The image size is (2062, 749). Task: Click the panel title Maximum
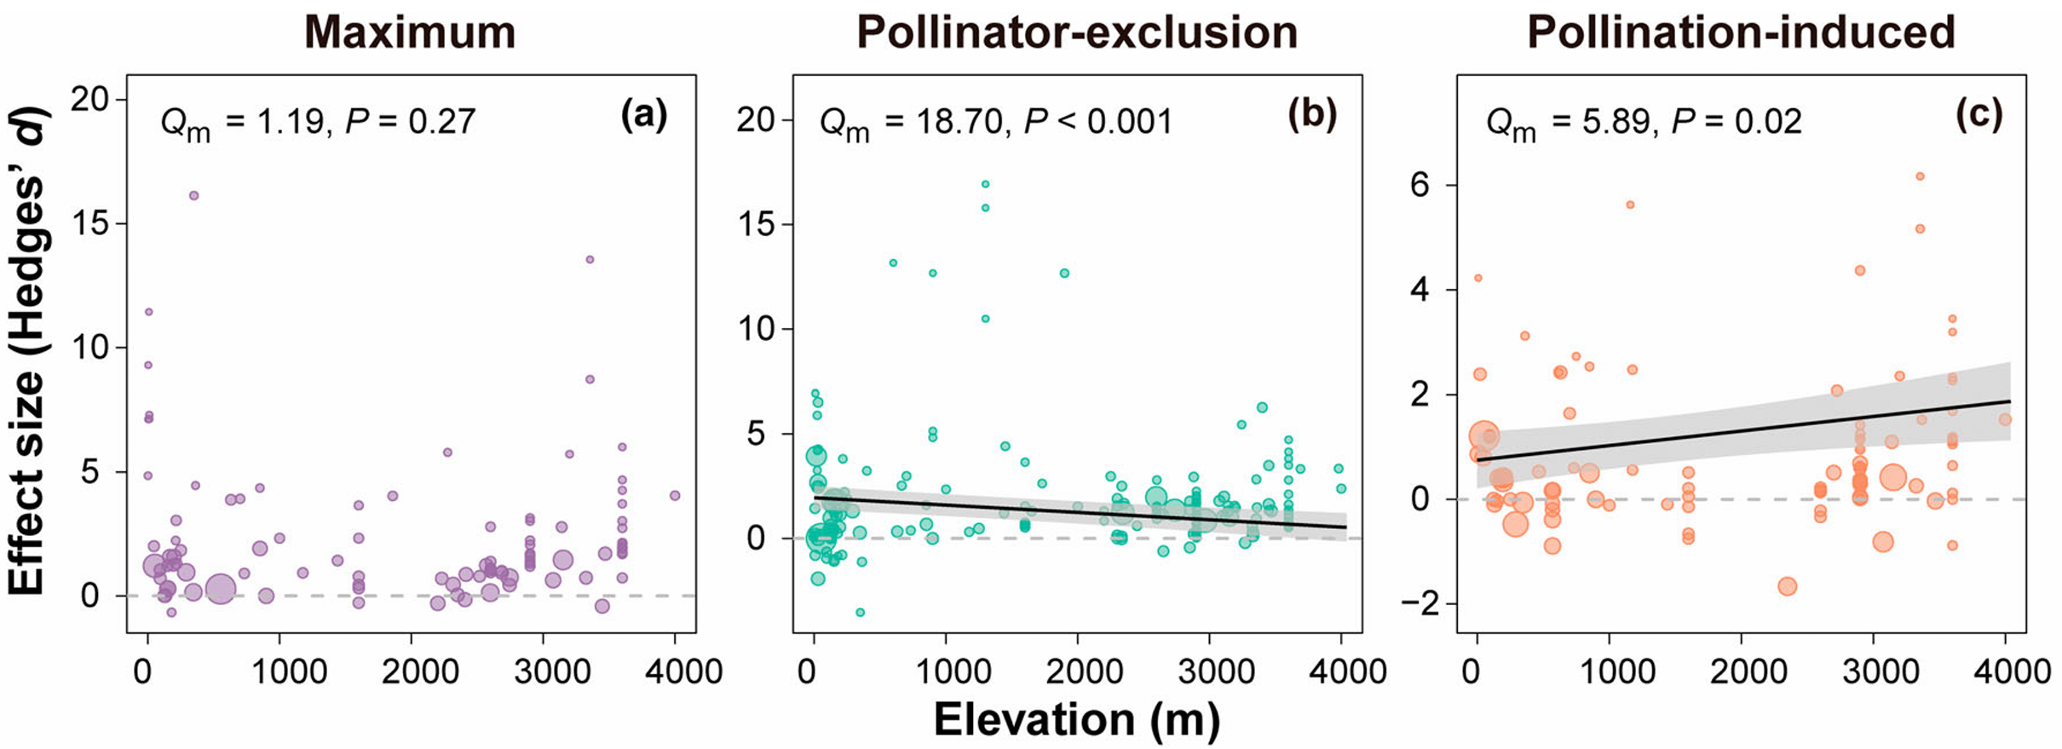coord(410,32)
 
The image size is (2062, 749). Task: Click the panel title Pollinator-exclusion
coord(1076,32)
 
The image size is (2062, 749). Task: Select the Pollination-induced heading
coord(1741,32)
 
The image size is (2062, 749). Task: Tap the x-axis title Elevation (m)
coord(1076,720)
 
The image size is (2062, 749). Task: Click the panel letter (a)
coord(644,114)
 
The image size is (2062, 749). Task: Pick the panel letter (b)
coord(1311,114)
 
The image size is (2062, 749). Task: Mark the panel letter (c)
coord(1978,114)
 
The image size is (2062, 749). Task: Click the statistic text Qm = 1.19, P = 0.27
coord(318,123)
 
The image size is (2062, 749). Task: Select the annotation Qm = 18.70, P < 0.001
coord(995,123)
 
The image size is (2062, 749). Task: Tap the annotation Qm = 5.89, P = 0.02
coord(1644,123)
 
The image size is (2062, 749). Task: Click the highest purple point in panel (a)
coord(193,196)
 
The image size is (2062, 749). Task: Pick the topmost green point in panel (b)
coord(985,184)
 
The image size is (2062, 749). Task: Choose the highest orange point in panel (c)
coord(1920,176)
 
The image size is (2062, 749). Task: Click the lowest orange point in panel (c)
coord(1788,586)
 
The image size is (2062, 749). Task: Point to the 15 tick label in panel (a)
coord(89,224)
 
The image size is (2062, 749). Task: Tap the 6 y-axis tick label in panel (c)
coord(1419,186)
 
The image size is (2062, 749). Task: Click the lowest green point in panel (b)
coord(861,613)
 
